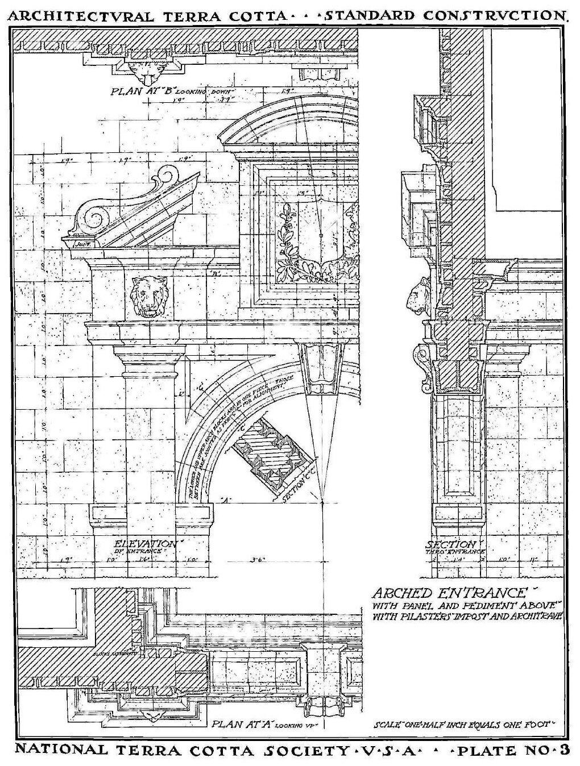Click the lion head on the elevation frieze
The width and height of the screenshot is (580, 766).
point(149,296)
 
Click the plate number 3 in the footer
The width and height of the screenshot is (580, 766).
point(564,750)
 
